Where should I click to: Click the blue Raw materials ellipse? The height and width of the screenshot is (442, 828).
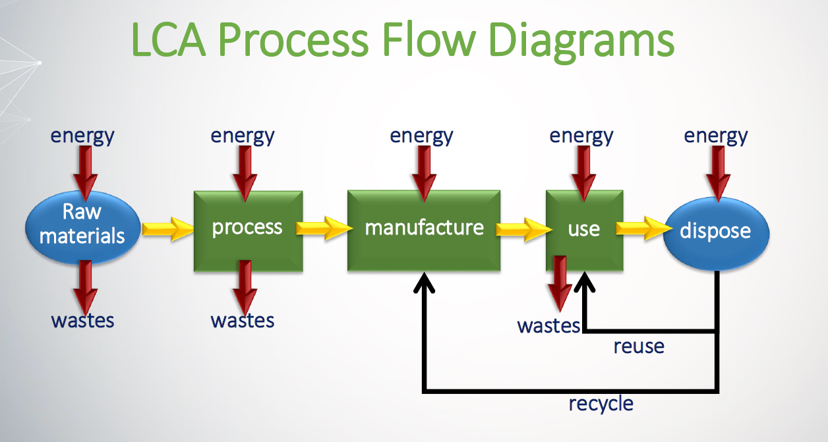[82, 225]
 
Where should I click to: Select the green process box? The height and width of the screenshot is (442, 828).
[248, 227]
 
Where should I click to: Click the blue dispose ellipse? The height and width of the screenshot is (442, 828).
[715, 231]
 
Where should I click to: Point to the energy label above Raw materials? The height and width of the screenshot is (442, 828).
[82, 136]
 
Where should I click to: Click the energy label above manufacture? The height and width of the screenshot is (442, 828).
[421, 136]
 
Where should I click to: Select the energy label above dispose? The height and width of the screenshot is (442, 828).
[716, 136]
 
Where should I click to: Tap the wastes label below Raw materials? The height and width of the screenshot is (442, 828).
[82, 320]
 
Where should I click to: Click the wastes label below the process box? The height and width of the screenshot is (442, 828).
[243, 320]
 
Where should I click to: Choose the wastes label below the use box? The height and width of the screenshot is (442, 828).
[548, 325]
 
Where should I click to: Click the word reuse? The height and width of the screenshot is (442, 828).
[638, 346]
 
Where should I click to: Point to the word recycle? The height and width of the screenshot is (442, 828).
[601, 402]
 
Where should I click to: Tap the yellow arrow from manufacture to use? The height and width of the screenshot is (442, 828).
[523, 229]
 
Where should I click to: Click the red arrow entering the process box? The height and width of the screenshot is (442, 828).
[245, 173]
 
